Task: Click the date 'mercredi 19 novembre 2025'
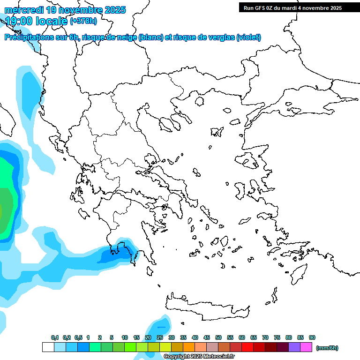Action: (65, 10)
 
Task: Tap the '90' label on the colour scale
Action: (312, 337)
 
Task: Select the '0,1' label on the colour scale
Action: (55, 337)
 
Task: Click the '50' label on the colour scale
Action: (218, 337)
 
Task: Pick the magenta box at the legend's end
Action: (306, 347)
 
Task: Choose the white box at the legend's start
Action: (48, 347)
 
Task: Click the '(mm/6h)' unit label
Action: (327, 348)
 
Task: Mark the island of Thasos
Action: (199, 101)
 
